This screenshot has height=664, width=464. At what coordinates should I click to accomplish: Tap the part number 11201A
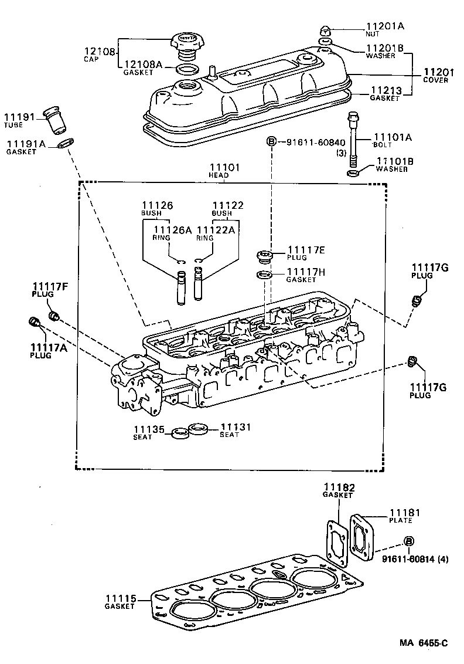click(x=385, y=26)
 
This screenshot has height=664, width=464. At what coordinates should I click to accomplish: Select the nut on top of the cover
click(x=326, y=30)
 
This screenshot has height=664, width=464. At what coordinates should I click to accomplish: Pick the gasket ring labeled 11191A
click(x=67, y=143)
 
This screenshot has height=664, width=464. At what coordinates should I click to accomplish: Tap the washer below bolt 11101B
click(x=353, y=174)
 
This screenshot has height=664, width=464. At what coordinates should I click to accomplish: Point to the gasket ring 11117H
click(x=264, y=275)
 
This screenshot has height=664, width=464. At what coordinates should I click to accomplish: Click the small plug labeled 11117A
click(x=33, y=321)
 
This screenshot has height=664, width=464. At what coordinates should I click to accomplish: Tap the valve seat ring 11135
click(x=179, y=434)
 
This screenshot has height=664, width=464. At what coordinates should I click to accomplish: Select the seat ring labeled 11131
click(x=199, y=429)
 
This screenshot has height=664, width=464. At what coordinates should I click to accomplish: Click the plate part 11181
click(x=362, y=535)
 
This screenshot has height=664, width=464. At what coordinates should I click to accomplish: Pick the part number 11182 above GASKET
click(x=338, y=487)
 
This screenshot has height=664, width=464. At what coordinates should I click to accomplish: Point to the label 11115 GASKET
click(x=121, y=602)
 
